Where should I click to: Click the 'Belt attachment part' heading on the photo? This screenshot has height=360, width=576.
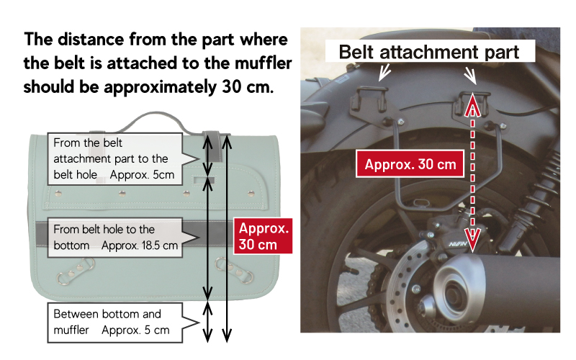[428, 53]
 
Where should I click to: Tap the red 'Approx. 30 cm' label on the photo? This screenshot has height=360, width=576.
[410, 164]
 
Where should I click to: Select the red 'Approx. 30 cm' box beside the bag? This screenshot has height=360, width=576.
[263, 235]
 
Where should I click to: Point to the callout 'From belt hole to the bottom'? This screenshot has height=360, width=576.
[116, 237]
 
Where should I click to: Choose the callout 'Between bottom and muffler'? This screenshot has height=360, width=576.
[115, 323]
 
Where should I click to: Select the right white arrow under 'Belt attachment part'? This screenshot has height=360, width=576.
[469, 73]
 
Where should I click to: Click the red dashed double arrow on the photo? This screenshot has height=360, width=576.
[472, 173]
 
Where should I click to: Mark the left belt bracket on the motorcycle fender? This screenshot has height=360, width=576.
[368, 102]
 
